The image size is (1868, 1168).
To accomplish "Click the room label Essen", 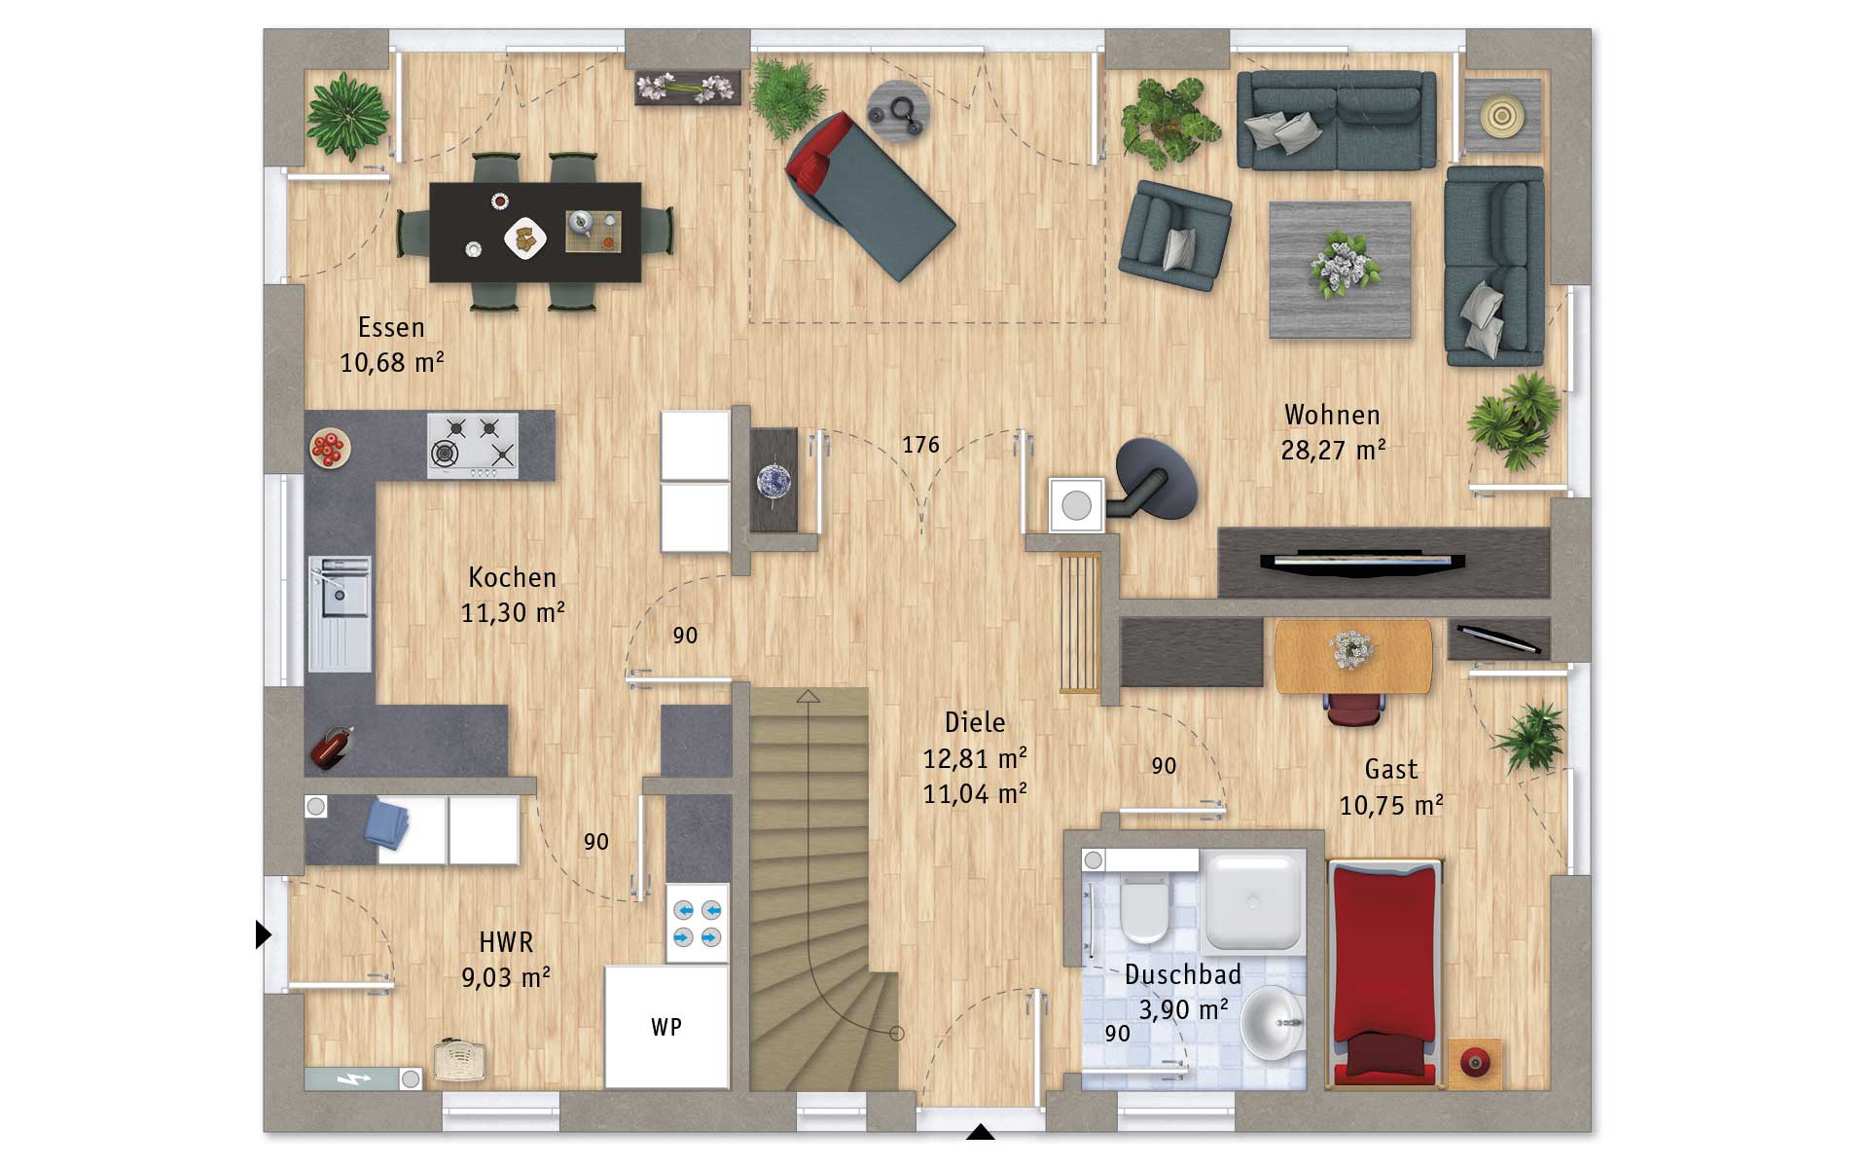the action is tap(391, 327).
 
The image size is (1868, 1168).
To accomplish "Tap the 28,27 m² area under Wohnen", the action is tap(1333, 450).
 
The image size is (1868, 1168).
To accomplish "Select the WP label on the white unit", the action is tap(666, 1027).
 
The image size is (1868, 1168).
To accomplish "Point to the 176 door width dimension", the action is tap(920, 445).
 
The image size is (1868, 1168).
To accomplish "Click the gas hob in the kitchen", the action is tap(473, 445).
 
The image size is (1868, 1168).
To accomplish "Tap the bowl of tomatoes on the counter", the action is tap(329, 449).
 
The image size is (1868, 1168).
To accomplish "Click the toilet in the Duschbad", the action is tap(1144, 907).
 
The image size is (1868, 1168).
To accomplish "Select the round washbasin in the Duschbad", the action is tap(1274, 1022).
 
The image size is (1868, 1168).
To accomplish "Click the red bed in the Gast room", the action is tap(1383, 971).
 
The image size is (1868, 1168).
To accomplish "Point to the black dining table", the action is tap(535, 232).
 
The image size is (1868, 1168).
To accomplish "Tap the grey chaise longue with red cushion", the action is tap(869, 195).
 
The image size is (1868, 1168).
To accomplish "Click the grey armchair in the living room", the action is tap(1174, 236).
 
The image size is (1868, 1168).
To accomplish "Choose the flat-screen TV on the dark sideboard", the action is tap(1362, 562).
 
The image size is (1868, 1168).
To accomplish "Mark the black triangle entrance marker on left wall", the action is tap(263, 934).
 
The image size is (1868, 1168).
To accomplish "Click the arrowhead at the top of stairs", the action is tap(808, 696).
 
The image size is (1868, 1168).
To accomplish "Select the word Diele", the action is tap(975, 722).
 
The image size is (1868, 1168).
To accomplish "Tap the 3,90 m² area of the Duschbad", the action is tap(1183, 1009).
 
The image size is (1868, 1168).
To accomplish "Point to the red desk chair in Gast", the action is tap(1352, 709).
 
